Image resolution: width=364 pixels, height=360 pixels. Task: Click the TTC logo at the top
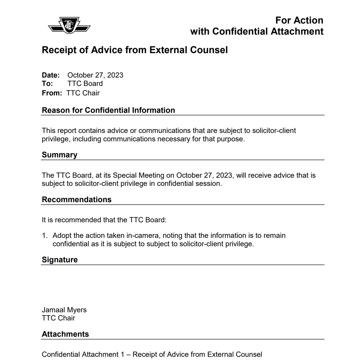coord(69,25)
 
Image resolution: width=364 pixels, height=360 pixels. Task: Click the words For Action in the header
coord(299,20)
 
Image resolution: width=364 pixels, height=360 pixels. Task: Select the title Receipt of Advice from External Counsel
coord(135,50)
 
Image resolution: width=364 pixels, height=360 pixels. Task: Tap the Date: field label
coord(51,75)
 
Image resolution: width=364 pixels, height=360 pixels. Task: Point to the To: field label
coord(47,84)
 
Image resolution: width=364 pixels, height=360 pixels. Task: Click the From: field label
coord(52,93)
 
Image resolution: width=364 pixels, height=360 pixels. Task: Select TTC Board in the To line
coord(85,84)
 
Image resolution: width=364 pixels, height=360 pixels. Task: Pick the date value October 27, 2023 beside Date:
coord(95,75)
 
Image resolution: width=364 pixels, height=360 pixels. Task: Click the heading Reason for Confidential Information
coord(108,110)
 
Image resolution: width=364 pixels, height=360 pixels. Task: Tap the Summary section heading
coord(59,155)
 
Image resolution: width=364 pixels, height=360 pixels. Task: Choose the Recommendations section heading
coord(76,199)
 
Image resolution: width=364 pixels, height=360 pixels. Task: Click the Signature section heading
coord(59,260)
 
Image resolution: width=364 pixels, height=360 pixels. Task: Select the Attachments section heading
coord(65,334)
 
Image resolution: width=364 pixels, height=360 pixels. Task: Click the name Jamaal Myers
coord(64,310)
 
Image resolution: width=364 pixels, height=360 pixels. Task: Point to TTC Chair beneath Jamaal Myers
coord(58,318)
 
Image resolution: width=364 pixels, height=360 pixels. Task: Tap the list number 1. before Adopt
coord(45,236)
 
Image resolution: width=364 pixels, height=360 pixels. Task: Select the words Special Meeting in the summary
coord(138,175)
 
